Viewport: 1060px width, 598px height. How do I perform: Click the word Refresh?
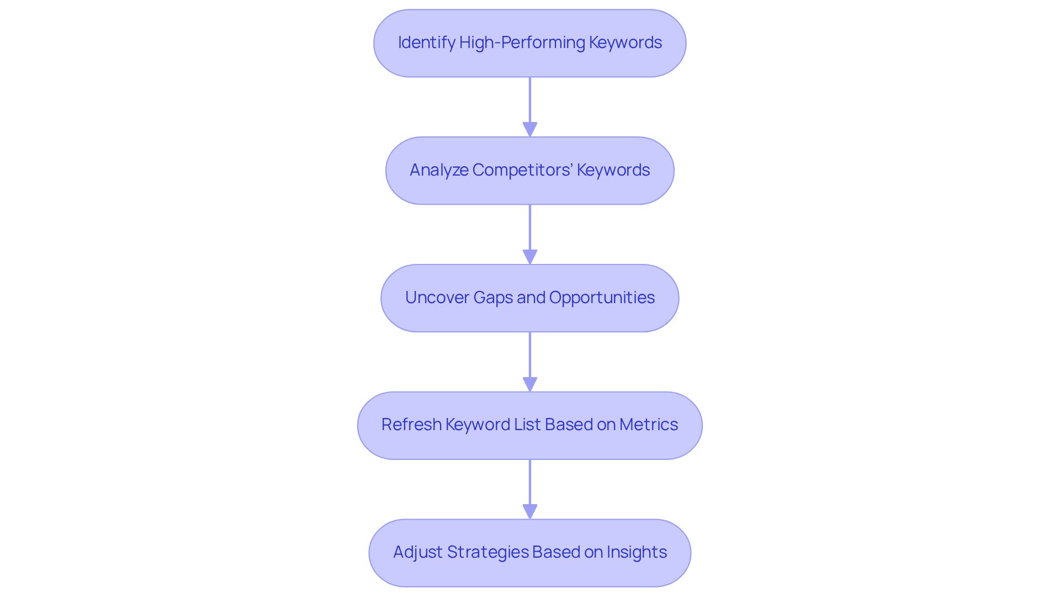point(411,425)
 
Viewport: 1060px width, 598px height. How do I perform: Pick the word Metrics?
point(648,425)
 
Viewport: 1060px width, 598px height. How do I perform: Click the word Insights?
point(637,552)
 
